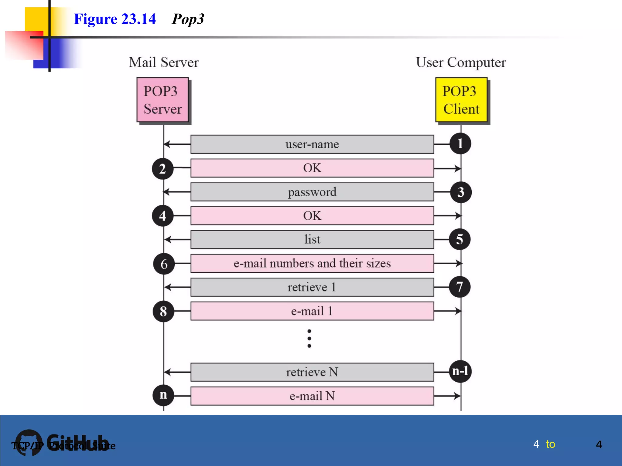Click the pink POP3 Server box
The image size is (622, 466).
point(162,100)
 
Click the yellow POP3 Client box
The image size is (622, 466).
point(461,100)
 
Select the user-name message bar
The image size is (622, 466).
point(312,144)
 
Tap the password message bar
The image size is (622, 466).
point(312,192)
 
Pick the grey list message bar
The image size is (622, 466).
point(312,240)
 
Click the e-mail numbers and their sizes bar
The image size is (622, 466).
point(312,263)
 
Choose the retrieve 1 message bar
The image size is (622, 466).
point(312,287)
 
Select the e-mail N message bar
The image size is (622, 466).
point(312,396)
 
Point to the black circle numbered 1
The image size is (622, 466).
point(460,144)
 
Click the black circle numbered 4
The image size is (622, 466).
point(163,216)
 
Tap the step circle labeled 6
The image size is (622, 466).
point(164,264)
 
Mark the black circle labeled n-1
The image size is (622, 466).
point(460,371)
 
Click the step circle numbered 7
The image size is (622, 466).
point(460,287)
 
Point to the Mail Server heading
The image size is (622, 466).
point(163,62)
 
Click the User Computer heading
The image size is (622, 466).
point(461,62)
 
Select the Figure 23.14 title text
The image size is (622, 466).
point(115,19)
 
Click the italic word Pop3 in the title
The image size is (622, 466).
point(188,19)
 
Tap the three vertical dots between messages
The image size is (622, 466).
point(309,338)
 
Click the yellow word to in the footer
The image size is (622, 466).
point(550,444)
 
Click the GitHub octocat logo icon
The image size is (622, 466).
point(29,442)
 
